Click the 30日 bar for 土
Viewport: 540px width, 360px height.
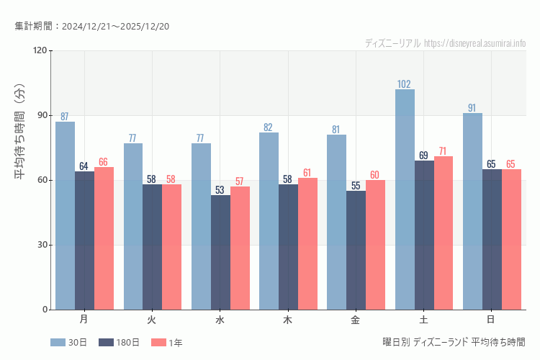pyautogui.click(x=405, y=199)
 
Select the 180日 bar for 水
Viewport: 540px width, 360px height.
pyautogui.click(x=220, y=252)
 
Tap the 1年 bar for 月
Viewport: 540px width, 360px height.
pyautogui.click(x=104, y=238)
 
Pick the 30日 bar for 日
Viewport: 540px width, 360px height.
pyautogui.click(x=472, y=211)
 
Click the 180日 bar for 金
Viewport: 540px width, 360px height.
pyautogui.click(x=356, y=250)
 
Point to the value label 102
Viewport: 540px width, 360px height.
pyautogui.click(x=405, y=84)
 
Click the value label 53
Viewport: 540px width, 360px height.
pyautogui.click(x=220, y=190)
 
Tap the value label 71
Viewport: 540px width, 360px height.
pyautogui.click(x=443, y=151)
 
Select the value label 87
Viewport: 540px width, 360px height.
pyautogui.click(x=65, y=117)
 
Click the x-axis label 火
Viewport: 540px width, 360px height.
pyautogui.click(x=152, y=319)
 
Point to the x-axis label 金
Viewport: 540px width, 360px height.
pyautogui.click(x=356, y=319)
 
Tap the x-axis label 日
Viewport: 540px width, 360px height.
pyautogui.click(x=491, y=319)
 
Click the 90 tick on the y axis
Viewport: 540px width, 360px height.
pyautogui.click(x=42, y=115)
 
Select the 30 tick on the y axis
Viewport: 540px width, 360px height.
pyautogui.click(x=42, y=245)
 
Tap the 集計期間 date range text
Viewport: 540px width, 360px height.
pyautogui.click(x=91, y=27)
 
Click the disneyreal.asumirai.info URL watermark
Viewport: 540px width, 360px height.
pyautogui.click(x=474, y=43)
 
